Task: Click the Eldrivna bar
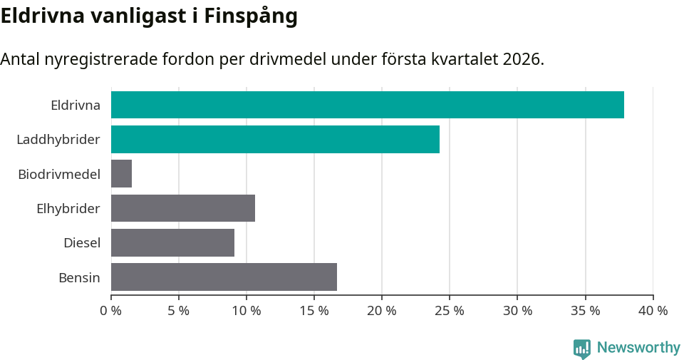(x=367, y=105)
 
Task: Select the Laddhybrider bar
(x=275, y=139)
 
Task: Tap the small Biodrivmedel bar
(x=122, y=173)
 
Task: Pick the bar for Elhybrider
(x=183, y=208)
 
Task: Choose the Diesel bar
(x=172, y=242)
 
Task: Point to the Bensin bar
(x=224, y=277)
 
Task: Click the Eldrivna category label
(x=76, y=106)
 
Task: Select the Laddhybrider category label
(x=58, y=140)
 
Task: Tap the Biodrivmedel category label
(x=59, y=174)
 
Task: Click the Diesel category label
(x=82, y=243)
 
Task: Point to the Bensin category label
(x=79, y=277)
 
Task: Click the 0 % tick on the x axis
(x=110, y=311)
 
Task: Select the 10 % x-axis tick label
(x=246, y=311)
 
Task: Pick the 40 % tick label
(x=653, y=311)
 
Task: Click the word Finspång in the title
(x=251, y=17)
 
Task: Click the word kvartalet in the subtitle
(x=465, y=59)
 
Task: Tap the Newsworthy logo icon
(x=581, y=348)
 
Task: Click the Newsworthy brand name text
(x=638, y=348)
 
